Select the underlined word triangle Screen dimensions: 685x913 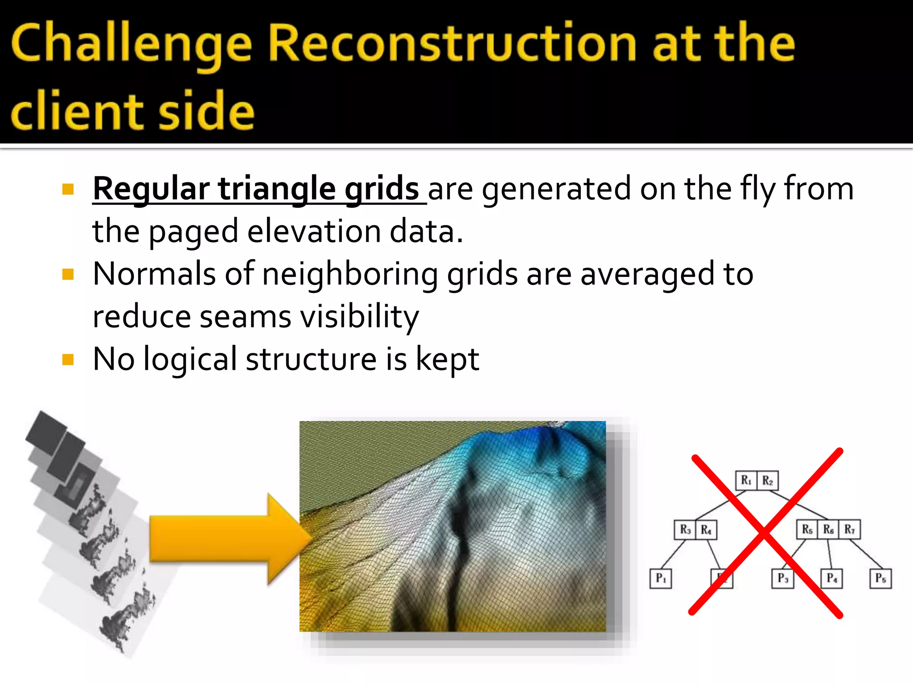276,189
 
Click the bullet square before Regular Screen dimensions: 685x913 68,190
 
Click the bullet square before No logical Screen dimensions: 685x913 68,359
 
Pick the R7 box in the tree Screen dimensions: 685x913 849,530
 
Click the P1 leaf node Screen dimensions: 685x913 661,578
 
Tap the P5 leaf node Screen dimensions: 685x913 880,578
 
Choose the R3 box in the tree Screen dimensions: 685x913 685,530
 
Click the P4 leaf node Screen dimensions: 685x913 832,578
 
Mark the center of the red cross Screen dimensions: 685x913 765,533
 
